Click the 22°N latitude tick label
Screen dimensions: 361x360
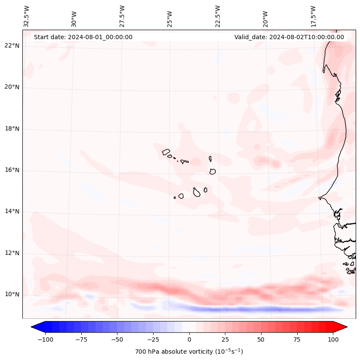tap(12, 46)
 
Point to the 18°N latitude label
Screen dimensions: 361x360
tap(12, 129)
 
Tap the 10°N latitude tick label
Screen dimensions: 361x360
tap(12, 294)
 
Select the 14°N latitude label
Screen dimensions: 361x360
tap(12, 211)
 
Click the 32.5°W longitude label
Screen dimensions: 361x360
tap(27, 16)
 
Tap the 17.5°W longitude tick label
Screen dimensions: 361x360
tap(313, 16)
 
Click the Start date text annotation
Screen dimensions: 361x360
tap(83, 37)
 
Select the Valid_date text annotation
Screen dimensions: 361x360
tap(289, 37)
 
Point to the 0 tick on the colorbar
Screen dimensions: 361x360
tap(189, 339)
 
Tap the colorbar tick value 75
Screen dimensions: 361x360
tap(297, 339)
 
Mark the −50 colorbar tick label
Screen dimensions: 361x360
tap(117, 339)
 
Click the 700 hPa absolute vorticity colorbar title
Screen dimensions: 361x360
tap(189, 352)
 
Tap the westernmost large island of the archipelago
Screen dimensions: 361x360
tap(166, 151)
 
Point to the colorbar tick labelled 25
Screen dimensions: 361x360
tap(225, 339)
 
